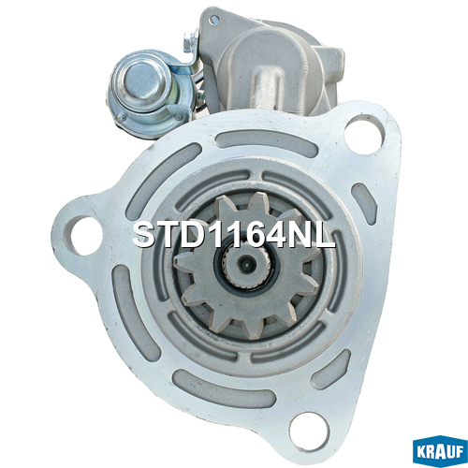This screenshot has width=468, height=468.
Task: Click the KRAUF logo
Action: pos(440,452)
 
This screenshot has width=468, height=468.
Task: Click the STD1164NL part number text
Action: pos(234,236)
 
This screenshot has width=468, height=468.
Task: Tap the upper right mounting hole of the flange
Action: pos(364,134)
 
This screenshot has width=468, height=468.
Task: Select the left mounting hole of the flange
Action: pos(83,235)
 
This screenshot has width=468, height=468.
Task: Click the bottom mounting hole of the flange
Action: pos(309,431)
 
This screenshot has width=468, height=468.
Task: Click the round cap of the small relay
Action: pos(142,81)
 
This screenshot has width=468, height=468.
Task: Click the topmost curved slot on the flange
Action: pos(267,142)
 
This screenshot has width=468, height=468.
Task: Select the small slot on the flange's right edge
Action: pos(364,204)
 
